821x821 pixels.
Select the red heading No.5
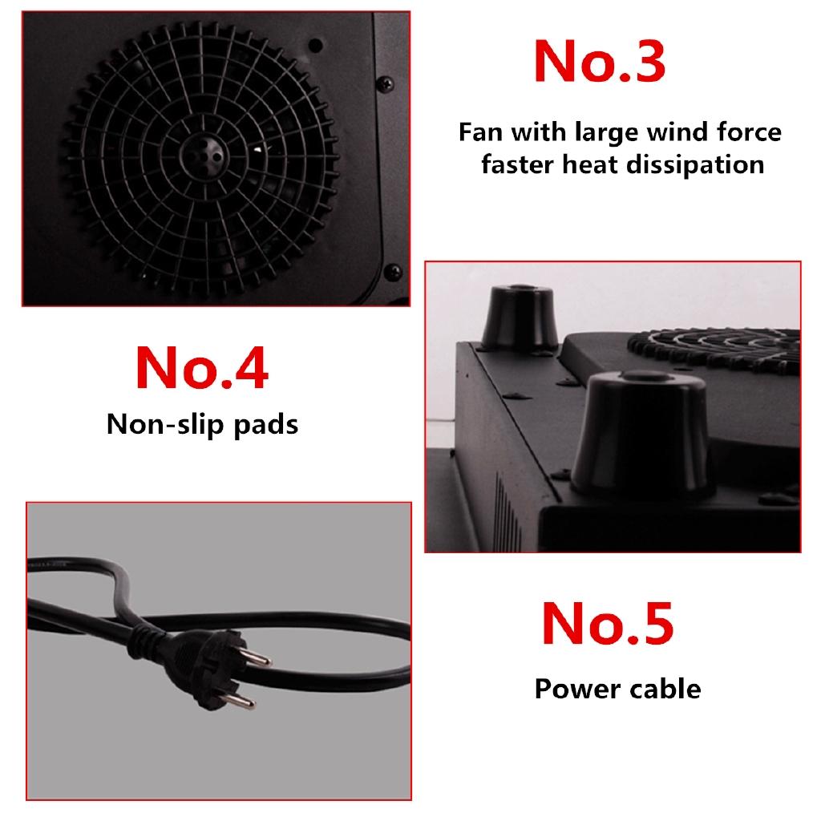click(608, 623)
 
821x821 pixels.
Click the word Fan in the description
click(481, 131)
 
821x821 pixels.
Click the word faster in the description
click(514, 164)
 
